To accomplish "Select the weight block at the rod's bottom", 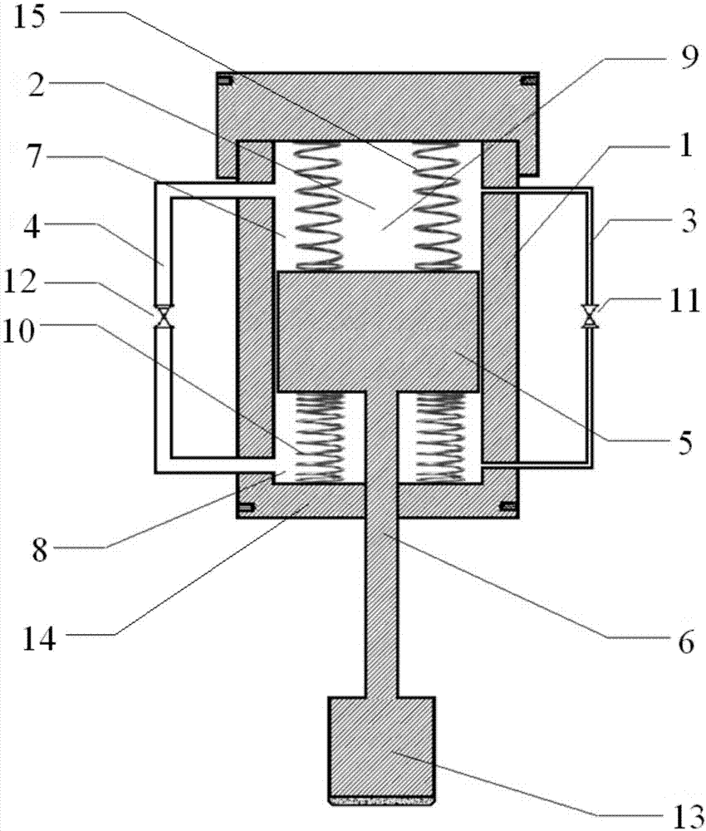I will click(382, 748).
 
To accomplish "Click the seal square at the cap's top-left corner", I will click(224, 81).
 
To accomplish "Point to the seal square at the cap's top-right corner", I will click(527, 81).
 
